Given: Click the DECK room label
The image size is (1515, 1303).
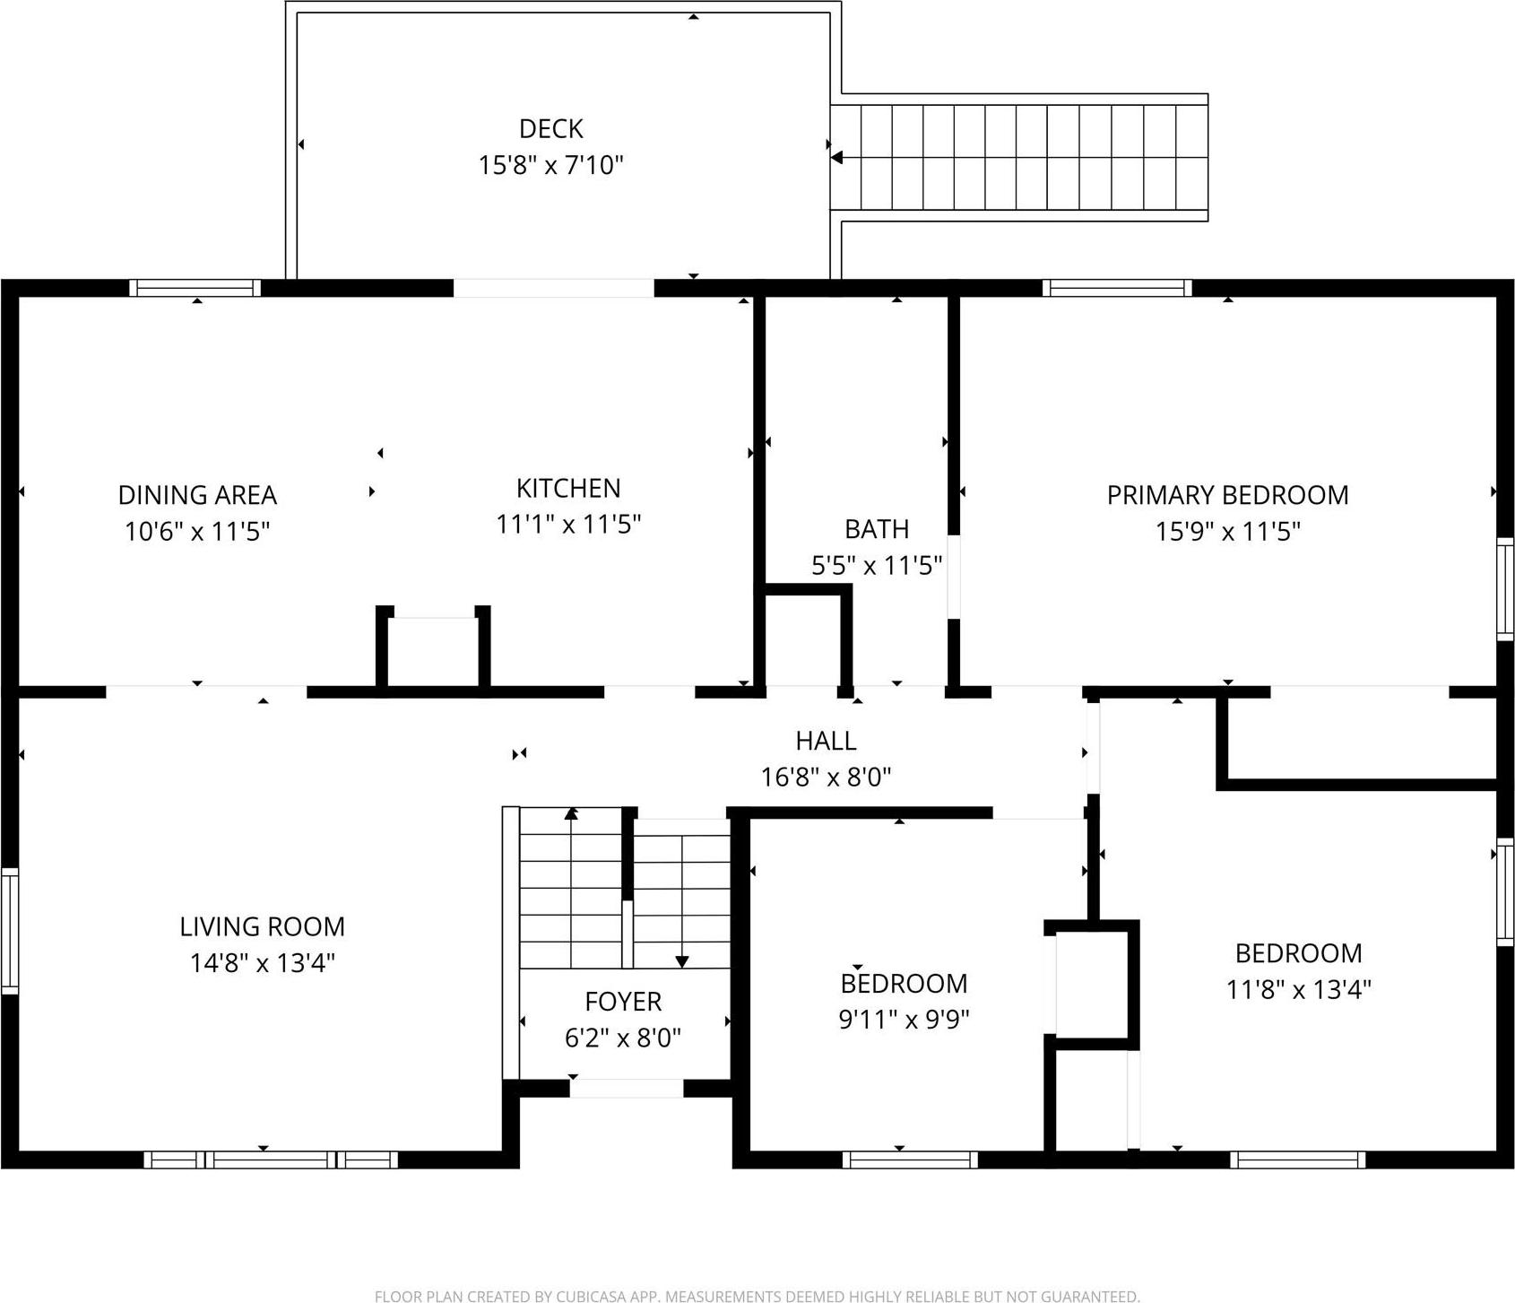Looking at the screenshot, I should tap(550, 129).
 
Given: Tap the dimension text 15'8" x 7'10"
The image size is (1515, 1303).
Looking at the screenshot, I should tap(550, 165).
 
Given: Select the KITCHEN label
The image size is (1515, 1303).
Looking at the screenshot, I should tap(568, 488).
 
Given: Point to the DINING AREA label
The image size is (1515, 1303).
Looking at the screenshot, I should tap(197, 495).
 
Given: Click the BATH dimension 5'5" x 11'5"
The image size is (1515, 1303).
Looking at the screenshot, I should tap(876, 565).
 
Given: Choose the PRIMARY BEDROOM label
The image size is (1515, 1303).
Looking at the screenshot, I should tap(1227, 495).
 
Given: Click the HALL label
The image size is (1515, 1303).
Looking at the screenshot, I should tap(826, 741).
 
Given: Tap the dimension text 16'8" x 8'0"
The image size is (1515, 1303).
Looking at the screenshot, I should tap(826, 777).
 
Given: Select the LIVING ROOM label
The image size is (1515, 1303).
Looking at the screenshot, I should tap(262, 926).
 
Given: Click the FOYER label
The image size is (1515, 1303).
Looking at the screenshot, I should tap(623, 1002).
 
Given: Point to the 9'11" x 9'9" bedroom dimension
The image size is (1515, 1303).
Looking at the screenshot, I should tap(904, 1020).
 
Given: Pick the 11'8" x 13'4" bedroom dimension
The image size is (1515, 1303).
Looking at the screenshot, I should tap(1298, 989).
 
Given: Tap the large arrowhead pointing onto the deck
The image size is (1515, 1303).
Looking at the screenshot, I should tap(836, 158).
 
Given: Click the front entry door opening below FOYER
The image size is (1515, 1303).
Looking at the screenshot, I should tap(626, 1089).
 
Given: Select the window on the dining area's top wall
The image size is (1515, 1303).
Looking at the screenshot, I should tap(195, 288).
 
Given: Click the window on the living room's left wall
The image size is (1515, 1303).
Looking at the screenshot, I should tap(9, 930).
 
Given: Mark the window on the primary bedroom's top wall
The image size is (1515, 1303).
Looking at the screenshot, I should tap(1117, 288).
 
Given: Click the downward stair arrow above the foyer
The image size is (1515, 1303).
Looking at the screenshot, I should tap(681, 961).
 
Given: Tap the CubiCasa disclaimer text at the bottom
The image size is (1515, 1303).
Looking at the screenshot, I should tap(757, 1296).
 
